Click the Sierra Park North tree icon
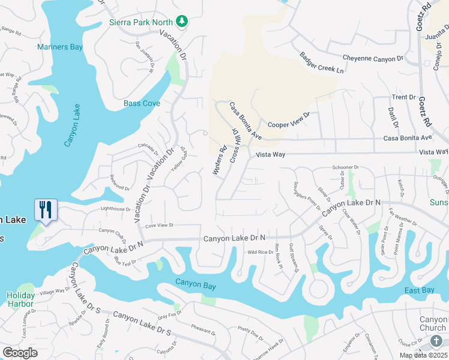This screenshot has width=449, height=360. pos(182,22)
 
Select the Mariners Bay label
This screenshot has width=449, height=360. pos(59,47)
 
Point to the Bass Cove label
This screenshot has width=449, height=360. pos(142,103)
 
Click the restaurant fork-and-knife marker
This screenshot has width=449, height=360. pos(46,211)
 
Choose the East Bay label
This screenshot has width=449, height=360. pos(419,290)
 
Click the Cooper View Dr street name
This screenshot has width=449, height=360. pos(289,120)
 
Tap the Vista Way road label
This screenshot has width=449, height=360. pos(270,154)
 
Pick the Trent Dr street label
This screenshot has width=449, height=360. pos(403,97)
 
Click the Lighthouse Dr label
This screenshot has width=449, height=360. pos(116,209)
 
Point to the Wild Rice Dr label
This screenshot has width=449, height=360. pos(261,252)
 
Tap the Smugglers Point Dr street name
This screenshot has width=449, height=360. pos(306,194)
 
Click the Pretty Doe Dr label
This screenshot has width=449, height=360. pos(251,329)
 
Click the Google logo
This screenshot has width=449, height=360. pos(20,353)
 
